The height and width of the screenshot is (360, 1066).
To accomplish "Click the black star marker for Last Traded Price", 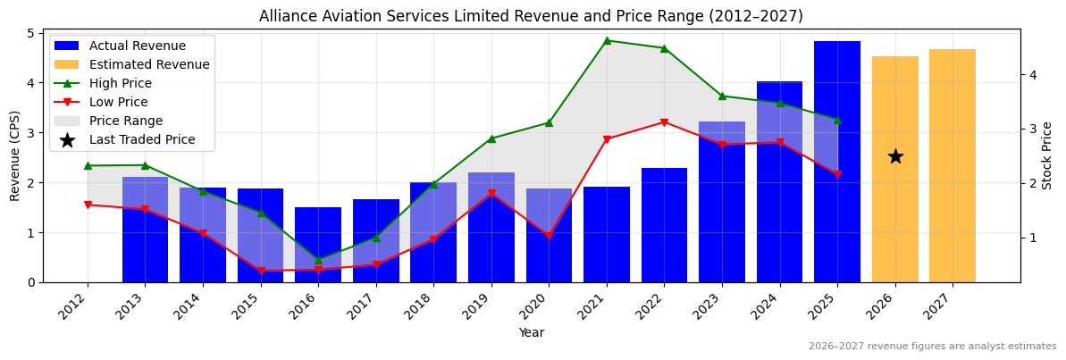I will (x=894, y=156).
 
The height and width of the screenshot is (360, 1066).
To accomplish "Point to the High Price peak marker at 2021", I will (x=607, y=40).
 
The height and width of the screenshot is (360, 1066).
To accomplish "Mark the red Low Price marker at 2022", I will (x=664, y=122).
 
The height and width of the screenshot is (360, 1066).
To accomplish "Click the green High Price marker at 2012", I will (x=88, y=165).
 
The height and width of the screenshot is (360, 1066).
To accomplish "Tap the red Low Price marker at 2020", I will (x=549, y=237).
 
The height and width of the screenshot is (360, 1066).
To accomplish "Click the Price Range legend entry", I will (x=125, y=121).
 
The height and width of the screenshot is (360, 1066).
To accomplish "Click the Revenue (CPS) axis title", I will (x=14, y=155).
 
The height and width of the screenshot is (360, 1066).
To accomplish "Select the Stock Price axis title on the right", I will (x=1047, y=155).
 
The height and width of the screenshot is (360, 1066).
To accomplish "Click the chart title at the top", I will (x=531, y=16).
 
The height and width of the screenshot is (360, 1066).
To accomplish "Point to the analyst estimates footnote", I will (x=932, y=347).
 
